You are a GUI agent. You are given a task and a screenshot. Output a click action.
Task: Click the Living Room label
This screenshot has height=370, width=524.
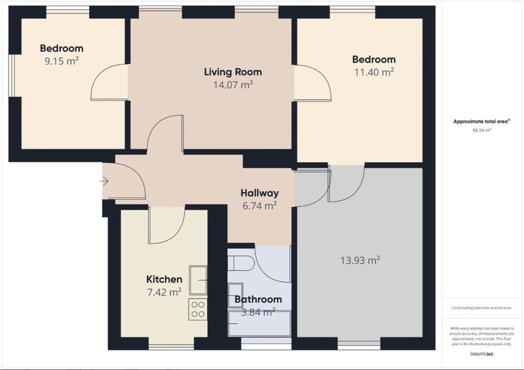pos(233,72)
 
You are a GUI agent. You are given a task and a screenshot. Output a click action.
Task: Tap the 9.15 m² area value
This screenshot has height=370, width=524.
pos(62,61)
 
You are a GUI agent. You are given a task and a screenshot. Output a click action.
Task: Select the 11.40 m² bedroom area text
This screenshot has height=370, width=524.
pos(374,72)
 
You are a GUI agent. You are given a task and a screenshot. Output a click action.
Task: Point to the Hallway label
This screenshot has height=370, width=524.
pos(259,193)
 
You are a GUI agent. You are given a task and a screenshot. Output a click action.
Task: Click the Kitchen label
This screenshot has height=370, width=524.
pos(164,279)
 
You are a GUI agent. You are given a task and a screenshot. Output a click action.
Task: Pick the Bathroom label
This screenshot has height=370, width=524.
pos(258,299)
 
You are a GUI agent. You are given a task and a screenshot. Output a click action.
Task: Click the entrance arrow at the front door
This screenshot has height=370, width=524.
pos(104,181)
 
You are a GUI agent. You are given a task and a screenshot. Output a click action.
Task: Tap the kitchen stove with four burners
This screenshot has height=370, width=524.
pos(198,309)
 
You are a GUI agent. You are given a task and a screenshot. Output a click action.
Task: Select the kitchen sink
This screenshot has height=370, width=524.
pos(198,280)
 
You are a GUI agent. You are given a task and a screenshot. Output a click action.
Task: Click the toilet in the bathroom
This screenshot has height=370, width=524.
pos(242,263)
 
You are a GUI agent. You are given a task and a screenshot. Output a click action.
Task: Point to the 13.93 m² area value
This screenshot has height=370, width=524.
pos(360,260)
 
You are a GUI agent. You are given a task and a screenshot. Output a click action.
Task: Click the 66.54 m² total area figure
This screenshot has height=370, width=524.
pos(481,130)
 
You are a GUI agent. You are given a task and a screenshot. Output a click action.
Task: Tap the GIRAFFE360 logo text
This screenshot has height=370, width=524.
pos(481,354)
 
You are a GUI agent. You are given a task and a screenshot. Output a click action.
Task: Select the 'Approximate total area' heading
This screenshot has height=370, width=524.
pos(481,121)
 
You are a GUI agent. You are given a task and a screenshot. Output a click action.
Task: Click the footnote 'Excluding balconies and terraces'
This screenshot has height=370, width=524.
pos(481,308)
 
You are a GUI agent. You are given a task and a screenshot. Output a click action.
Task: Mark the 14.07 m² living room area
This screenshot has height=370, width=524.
pos(233,84)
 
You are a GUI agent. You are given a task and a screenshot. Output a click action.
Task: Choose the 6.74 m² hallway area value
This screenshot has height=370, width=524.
pos(259,206)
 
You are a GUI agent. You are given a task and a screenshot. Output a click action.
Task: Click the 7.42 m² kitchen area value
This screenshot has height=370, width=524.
pos(164,292)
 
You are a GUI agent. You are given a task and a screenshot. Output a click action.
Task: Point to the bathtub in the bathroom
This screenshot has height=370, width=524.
pos(259,324)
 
